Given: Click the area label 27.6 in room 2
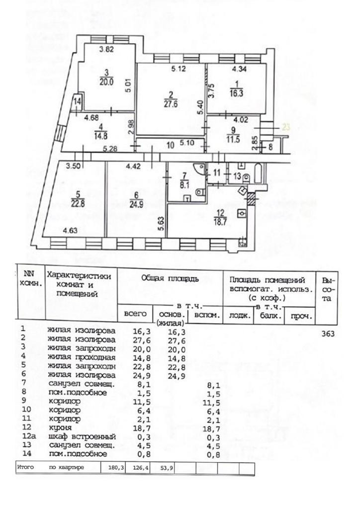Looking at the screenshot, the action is click(170, 104).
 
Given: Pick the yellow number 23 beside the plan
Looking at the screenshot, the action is click(286, 127).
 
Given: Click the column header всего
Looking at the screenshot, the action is click(134, 314).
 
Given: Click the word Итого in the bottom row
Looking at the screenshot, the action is click(25, 468).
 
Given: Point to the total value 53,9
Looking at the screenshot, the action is click(165, 468).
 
